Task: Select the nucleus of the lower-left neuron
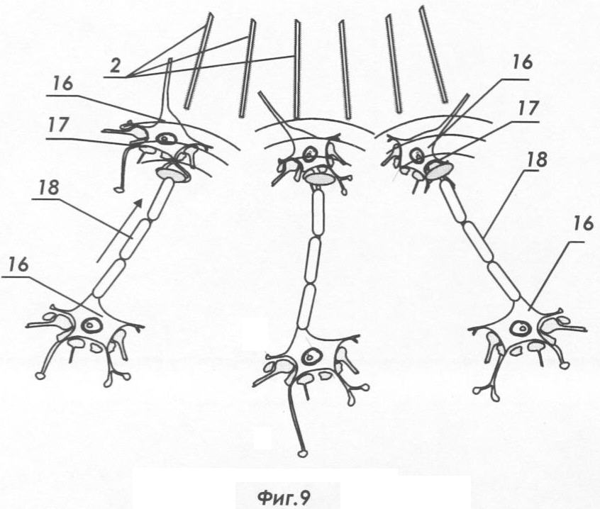(x=91, y=325)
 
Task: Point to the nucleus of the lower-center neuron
(x=311, y=357)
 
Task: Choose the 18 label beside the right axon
(x=536, y=160)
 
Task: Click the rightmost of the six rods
(x=433, y=55)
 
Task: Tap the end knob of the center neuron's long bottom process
(x=303, y=454)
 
